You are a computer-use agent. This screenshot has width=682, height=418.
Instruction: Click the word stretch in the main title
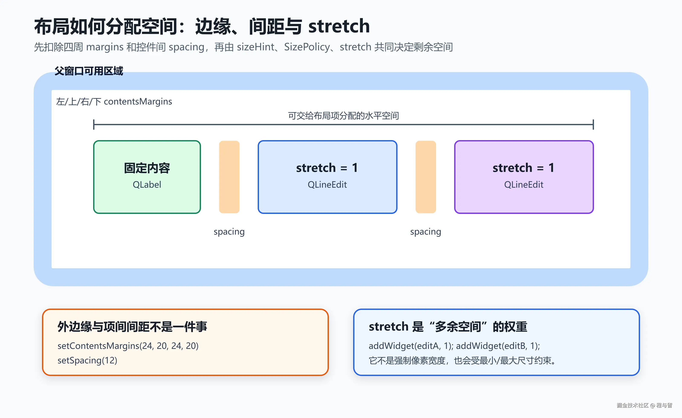point(339,26)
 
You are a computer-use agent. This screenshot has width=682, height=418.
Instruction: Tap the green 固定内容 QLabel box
point(147,177)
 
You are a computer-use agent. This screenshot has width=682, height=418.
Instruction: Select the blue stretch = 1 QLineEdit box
point(327,177)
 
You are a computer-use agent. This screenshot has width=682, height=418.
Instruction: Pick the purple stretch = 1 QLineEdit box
point(524,177)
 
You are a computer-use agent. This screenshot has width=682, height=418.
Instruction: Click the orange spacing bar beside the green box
point(229,177)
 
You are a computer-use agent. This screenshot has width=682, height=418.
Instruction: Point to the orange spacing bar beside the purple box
point(426,177)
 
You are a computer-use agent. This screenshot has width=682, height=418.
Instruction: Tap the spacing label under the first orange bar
point(229,232)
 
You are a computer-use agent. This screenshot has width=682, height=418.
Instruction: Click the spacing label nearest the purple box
point(426,232)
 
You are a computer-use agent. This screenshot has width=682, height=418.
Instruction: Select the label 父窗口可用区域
point(89,71)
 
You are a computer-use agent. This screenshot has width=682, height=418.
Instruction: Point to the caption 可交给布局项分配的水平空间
point(344,116)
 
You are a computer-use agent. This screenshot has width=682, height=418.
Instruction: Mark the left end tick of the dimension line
point(94,124)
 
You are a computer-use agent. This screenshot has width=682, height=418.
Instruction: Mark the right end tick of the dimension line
point(593,124)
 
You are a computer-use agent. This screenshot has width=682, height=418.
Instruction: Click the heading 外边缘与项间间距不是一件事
point(132,327)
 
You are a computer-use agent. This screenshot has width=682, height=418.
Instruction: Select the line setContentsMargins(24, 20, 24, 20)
point(128,346)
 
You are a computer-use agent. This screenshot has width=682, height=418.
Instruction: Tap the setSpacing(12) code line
point(87,360)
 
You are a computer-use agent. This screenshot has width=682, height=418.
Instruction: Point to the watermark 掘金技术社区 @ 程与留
point(644,405)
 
